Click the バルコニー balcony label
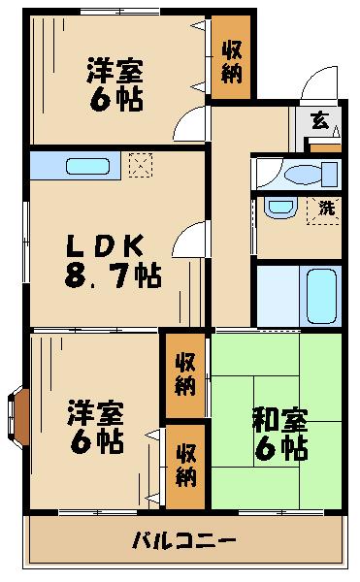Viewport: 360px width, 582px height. coord(183,540)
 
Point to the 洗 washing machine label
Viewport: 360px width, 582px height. coord(327,207)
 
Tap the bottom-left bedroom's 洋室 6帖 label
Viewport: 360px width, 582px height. coord(94,427)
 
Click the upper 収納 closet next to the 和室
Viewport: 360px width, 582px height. coord(185,373)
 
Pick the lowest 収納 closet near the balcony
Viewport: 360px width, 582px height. coord(185,467)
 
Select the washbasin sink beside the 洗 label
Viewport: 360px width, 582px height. coord(281,209)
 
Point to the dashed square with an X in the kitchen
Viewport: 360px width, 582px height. coord(141,164)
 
